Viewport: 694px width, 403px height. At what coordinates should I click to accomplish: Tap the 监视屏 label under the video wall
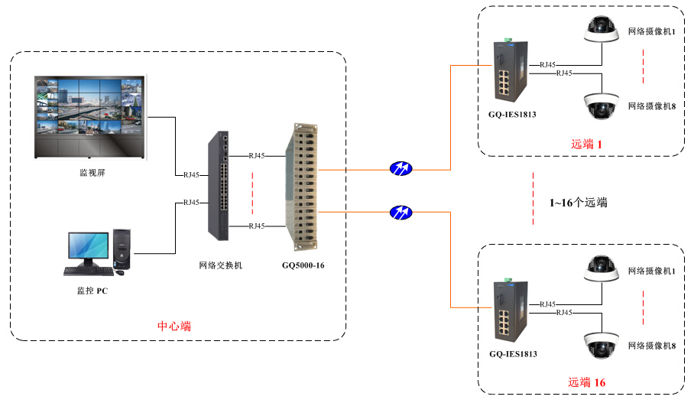tap(92, 173)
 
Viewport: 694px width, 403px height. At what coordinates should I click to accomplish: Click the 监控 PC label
tap(92, 291)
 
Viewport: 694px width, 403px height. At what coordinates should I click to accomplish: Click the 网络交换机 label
tap(220, 266)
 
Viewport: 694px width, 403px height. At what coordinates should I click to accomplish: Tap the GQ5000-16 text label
tap(303, 266)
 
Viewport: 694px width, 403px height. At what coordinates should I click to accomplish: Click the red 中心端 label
tap(174, 327)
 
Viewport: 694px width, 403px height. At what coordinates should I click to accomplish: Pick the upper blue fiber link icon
tap(400, 168)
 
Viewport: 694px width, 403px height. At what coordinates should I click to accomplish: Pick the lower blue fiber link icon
tap(400, 211)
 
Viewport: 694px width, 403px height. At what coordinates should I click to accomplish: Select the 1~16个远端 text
tap(578, 203)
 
